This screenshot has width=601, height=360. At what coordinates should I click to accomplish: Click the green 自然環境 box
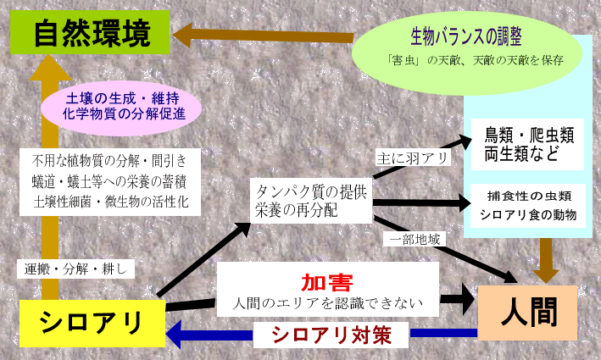(92, 36)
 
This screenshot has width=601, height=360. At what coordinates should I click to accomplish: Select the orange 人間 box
(528, 312)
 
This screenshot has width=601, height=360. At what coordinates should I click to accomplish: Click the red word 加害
(326, 283)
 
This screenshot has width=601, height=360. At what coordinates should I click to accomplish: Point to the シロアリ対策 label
(331, 334)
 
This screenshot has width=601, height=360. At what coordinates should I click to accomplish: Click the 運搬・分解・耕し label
(75, 269)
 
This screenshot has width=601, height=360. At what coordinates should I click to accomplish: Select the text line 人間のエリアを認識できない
(326, 302)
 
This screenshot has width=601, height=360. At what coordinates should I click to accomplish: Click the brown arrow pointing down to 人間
(547, 259)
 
